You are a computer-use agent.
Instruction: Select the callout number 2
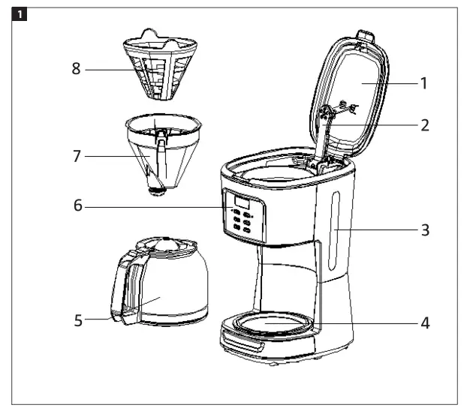(x=424, y=125)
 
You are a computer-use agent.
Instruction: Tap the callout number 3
(x=424, y=229)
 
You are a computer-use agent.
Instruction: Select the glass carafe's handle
(x=123, y=289)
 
